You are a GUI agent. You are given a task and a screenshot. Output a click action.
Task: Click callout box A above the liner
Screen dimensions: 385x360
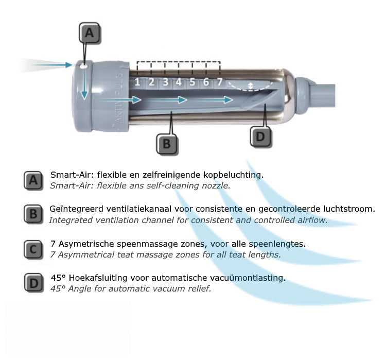(90, 33)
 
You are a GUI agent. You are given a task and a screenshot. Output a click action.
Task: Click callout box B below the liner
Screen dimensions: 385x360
(167, 144)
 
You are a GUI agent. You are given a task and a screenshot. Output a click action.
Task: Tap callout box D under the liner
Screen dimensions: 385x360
(260, 136)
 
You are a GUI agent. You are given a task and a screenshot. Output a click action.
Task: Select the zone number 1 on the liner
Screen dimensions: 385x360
(137, 82)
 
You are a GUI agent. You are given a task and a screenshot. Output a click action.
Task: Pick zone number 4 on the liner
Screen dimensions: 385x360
(179, 82)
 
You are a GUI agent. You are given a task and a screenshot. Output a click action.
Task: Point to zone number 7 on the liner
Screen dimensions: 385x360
(219, 82)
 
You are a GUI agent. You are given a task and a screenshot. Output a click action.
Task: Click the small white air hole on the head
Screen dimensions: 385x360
(84, 66)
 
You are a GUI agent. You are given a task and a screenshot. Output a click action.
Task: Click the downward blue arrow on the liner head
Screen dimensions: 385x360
(84, 83)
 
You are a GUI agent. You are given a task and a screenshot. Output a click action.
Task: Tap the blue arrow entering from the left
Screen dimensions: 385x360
(52, 65)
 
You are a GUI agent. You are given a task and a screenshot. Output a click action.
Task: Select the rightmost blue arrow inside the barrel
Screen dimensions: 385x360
(212, 100)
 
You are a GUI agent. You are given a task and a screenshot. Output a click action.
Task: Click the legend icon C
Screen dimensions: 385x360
(33, 250)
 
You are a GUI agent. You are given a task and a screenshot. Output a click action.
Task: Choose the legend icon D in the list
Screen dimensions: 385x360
(33, 283)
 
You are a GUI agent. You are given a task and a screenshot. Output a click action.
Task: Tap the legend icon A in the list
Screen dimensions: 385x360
(33, 180)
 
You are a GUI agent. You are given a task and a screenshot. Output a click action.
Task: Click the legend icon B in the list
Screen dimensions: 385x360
(33, 214)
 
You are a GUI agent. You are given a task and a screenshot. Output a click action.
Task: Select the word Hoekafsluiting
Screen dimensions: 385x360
(97, 278)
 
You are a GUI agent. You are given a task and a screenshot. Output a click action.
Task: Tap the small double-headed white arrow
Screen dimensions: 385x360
(250, 86)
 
